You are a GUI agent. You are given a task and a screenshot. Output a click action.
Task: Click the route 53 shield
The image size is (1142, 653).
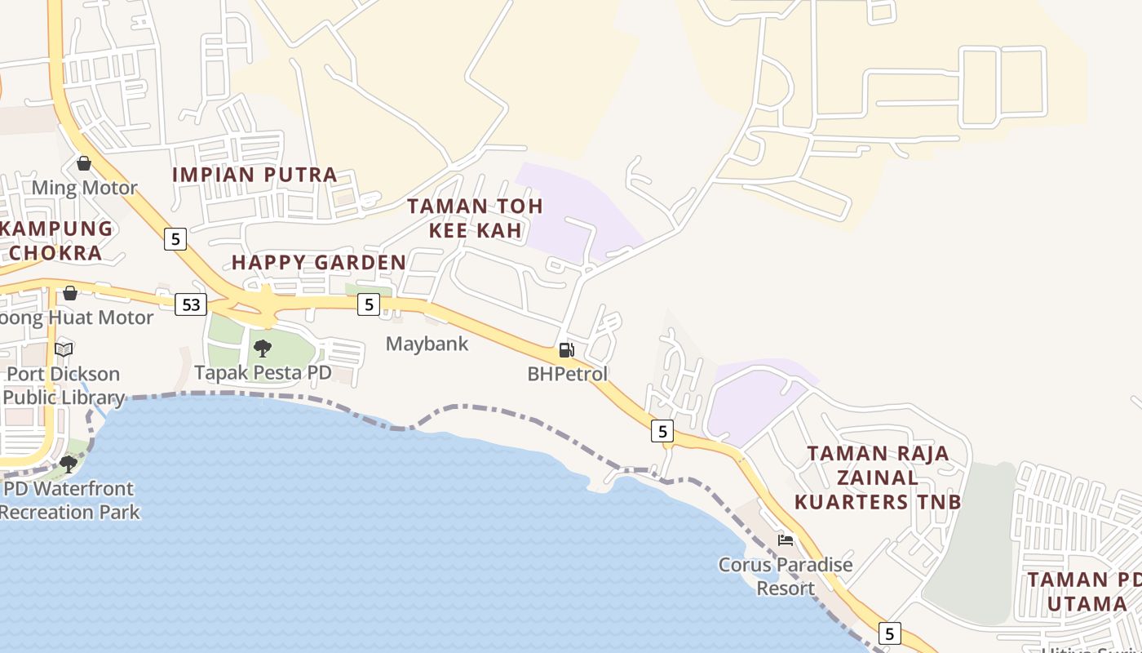pyautogui.click(x=191, y=304)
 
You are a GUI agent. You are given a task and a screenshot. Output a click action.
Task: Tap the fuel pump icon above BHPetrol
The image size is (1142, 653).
pyautogui.click(x=566, y=350)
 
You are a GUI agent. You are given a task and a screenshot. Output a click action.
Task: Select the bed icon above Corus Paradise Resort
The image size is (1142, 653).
pyautogui.click(x=786, y=540)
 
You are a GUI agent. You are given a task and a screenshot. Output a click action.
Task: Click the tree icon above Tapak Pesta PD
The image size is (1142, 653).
pyautogui.click(x=263, y=349)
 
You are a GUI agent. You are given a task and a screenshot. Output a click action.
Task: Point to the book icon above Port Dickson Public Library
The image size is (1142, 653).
pyautogui.click(x=64, y=350)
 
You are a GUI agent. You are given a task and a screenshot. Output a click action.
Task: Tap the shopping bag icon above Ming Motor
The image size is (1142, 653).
pyautogui.click(x=84, y=163)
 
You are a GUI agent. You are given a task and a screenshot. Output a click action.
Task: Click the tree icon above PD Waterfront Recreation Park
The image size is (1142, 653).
pyautogui.click(x=69, y=464)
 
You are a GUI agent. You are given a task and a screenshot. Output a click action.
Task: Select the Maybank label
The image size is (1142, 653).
pyautogui.click(x=427, y=344)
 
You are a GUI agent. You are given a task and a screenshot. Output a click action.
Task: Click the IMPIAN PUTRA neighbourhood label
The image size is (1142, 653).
pyautogui.click(x=255, y=175)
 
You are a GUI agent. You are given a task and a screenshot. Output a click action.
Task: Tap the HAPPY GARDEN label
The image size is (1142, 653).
pyautogui.click(x=318, y=262)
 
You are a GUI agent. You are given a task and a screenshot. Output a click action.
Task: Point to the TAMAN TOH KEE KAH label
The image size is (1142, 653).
pyautogui.click(x=475, y=218)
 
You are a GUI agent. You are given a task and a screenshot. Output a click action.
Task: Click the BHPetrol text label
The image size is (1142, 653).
pyautogui.click(x=568, y=375)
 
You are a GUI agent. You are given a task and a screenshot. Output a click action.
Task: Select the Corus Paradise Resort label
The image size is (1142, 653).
pyautogui.click(x=786, y=576)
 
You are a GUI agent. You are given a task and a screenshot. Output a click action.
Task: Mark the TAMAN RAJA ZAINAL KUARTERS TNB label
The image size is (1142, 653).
pyautogui.click(x=879, y=478)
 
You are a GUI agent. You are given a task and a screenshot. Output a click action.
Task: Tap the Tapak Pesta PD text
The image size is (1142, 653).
pyautogui.click(x=263, y=372)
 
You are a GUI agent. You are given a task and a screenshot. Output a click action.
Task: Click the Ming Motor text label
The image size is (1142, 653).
pyautogui.click(x=85, y=188)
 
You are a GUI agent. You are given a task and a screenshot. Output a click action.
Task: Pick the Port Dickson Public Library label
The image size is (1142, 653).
pyautogui.click(x=64, y=386)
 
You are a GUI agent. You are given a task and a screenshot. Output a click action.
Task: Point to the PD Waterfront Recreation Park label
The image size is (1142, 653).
pyautogui.click(x=70, y=500)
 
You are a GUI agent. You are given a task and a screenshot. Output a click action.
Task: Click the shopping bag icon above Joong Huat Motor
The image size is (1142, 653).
pyautogui.click(x=70, y=293)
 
